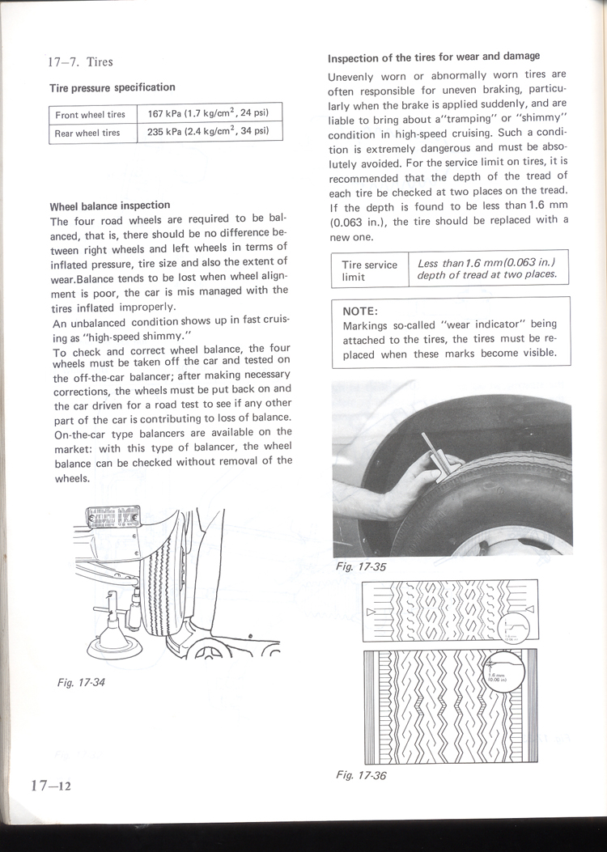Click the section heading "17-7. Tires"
pyautogui.click(x=80, y=61)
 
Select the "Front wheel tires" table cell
pyautogui.click(x=90, y=114)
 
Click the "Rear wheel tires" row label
pyautogui.click(x=87, y=133)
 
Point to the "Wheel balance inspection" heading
pyautogui.click(x=110, y=206)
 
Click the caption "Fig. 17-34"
pyautogui.click(x=82, y=683)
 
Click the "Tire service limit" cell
pyautogui.click(x=369, y=270)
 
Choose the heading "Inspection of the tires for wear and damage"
pyautogui.click(x=433, y=57)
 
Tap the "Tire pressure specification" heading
pyautogui.click(x=112, y=87)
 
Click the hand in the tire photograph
pyautogui.click(x=388, y=494)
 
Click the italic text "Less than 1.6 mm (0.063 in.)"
pyautogui.click(x=486, y=264)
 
